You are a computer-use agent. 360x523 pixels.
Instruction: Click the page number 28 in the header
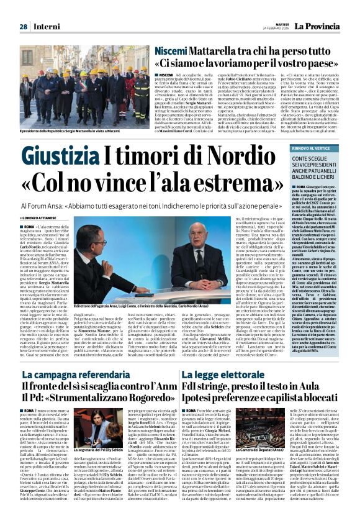[23, 27]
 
